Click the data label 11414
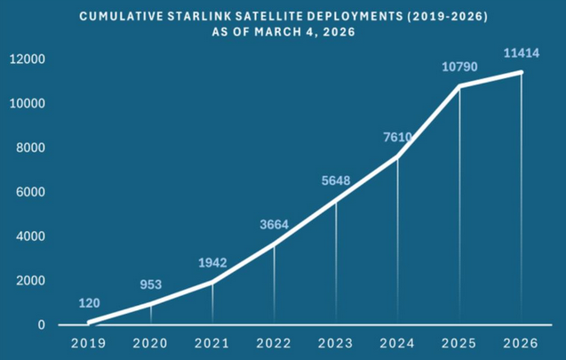[521, 53]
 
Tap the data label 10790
[459, 68]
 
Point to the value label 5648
[336, 181]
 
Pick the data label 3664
[274, 225]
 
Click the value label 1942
[212, 263]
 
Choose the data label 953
[150, 285]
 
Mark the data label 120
[89, 303]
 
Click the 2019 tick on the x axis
[89, 342]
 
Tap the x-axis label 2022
[274, 342]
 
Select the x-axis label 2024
[397, 342]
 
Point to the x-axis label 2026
[521, 342]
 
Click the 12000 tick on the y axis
[28, 60]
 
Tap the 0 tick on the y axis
[41, 325]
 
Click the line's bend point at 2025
[459, 86]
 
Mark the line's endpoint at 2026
[521, 73]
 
